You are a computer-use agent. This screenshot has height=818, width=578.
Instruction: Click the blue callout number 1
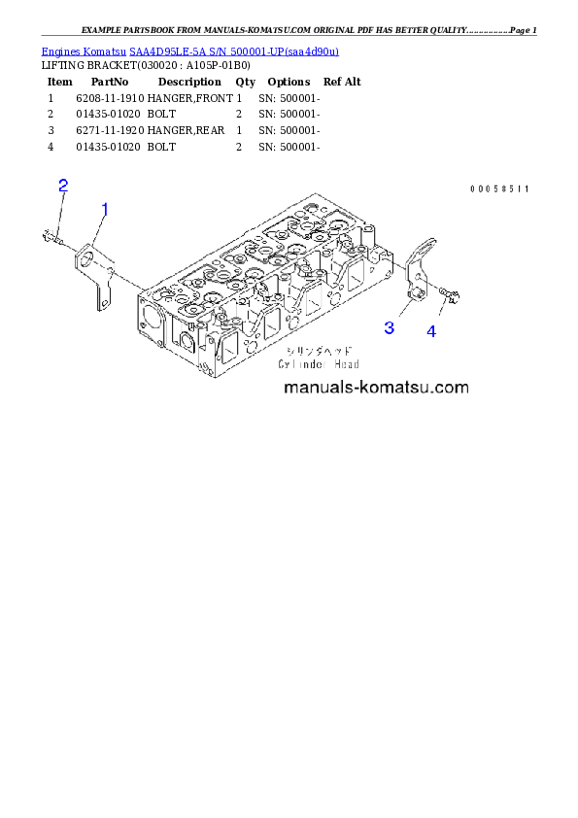(x=104, y=208)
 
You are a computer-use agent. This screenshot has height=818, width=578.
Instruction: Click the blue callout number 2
(x=63, y=186)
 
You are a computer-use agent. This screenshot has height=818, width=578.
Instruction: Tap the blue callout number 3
(x=389, y=327)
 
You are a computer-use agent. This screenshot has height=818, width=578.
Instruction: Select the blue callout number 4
(x=430, y=331)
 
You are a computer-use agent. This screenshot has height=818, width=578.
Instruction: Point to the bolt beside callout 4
(x=448, y=293)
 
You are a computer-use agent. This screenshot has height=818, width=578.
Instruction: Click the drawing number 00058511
(x=498, y=188)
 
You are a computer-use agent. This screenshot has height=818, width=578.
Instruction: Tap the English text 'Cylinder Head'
(x=318, y=364)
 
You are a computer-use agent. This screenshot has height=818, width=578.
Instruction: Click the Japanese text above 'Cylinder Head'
(x=319, y=351)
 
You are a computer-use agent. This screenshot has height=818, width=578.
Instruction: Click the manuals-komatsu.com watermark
(x=376, y=388)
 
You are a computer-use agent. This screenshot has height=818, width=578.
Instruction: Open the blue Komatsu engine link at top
(x=189, y=51)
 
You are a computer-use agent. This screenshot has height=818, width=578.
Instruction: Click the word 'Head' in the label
(x=344, y=364)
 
